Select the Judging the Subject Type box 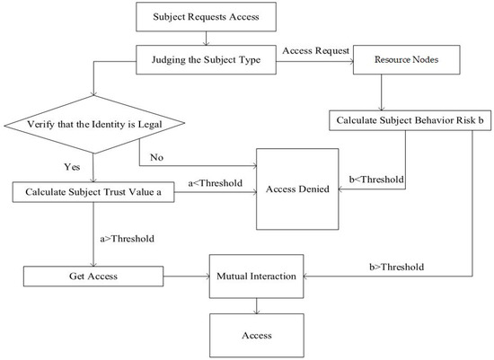click(x=206, y=62)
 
